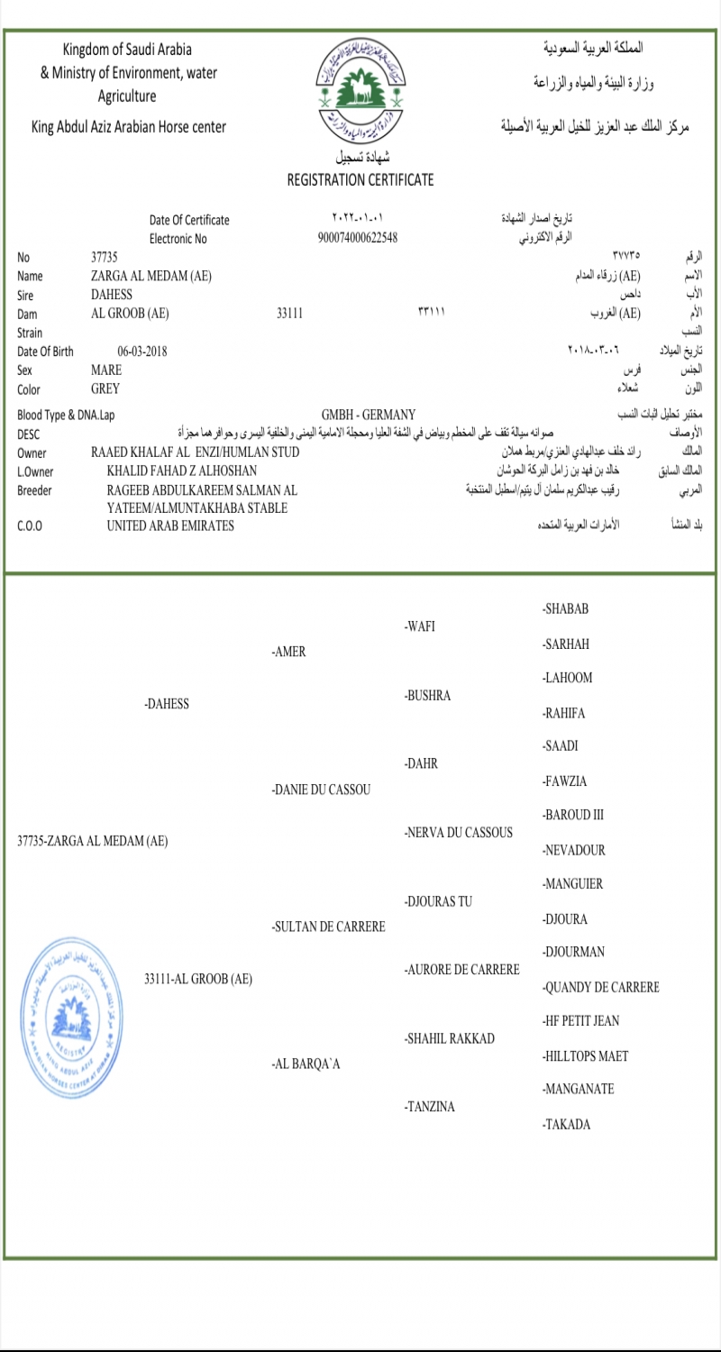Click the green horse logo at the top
(360, 87)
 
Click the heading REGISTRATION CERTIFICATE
(360, 179)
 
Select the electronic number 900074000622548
(358, 239)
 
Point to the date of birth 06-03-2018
(142, 352)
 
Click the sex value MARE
(106, 370)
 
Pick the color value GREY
(105, 389)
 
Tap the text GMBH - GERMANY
(369, 415)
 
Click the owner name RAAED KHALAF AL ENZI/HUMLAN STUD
(196, 452)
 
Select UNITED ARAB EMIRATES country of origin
(170, 525)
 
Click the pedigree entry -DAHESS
(167, 704)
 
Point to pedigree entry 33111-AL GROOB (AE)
(198, 979)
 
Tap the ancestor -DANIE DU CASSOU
(322, 790)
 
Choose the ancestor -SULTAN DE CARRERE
(328, 927)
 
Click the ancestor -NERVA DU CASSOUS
(459, 832)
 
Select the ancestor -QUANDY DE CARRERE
(601, 987)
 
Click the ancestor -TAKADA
(567, 1124)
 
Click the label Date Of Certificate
(189, 220)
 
